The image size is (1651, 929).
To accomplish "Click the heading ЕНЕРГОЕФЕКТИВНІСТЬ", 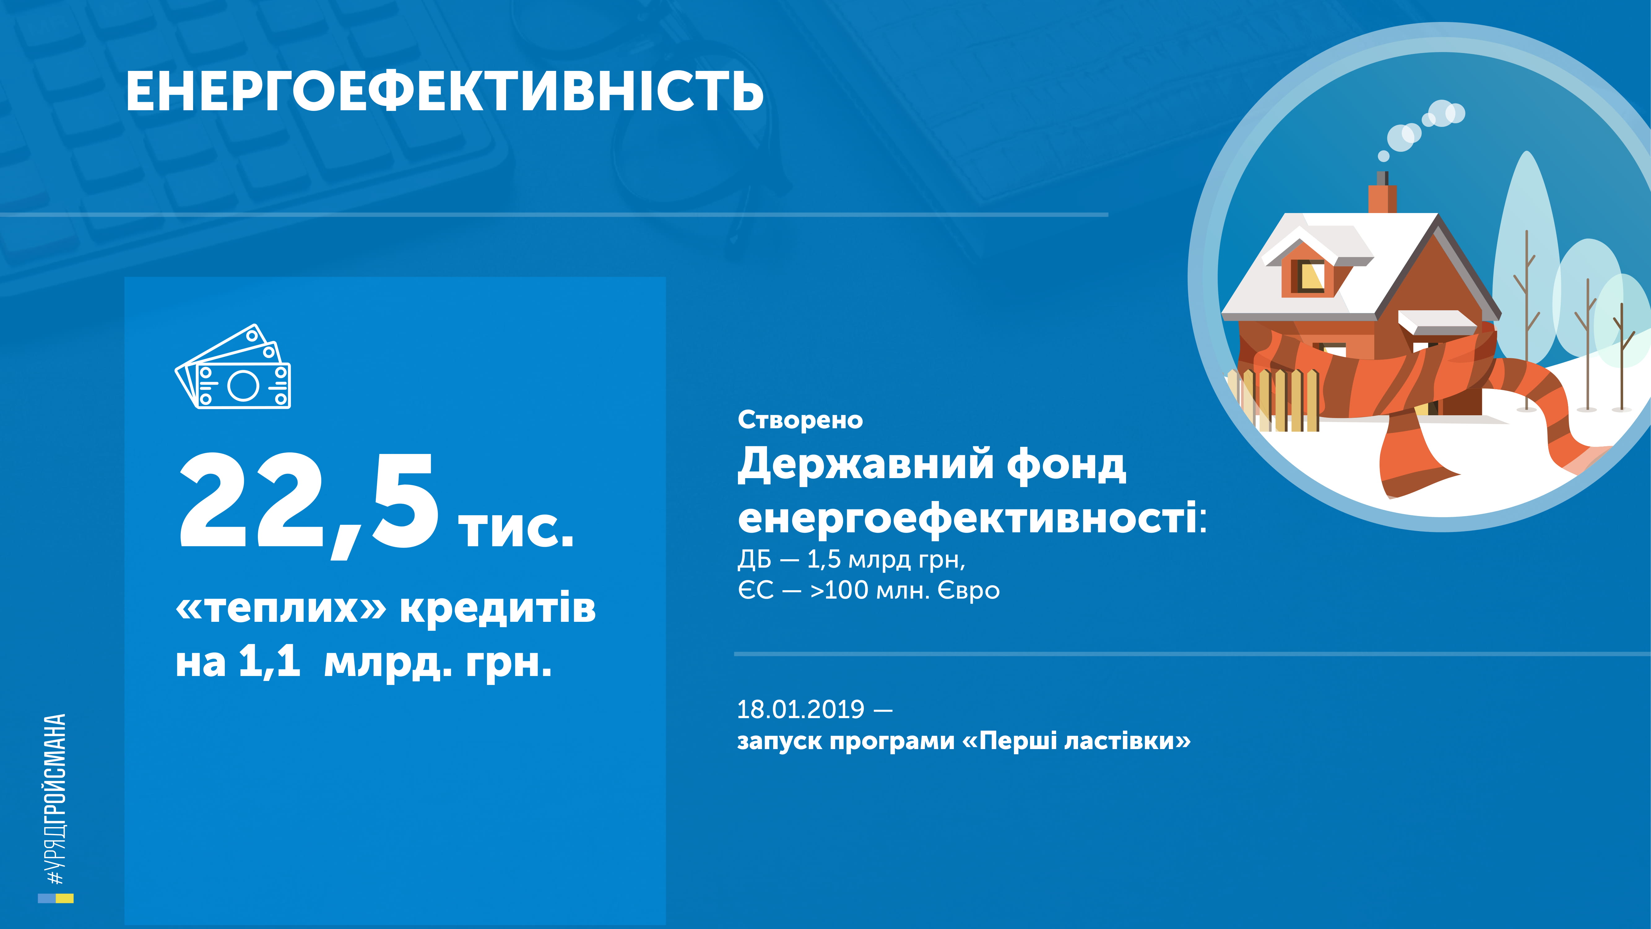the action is click(444, 92).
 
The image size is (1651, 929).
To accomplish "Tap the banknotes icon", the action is click(233, 367).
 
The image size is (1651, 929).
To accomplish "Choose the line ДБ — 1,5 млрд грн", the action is click(851, 560).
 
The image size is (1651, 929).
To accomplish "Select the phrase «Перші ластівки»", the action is click(1077, 741).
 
